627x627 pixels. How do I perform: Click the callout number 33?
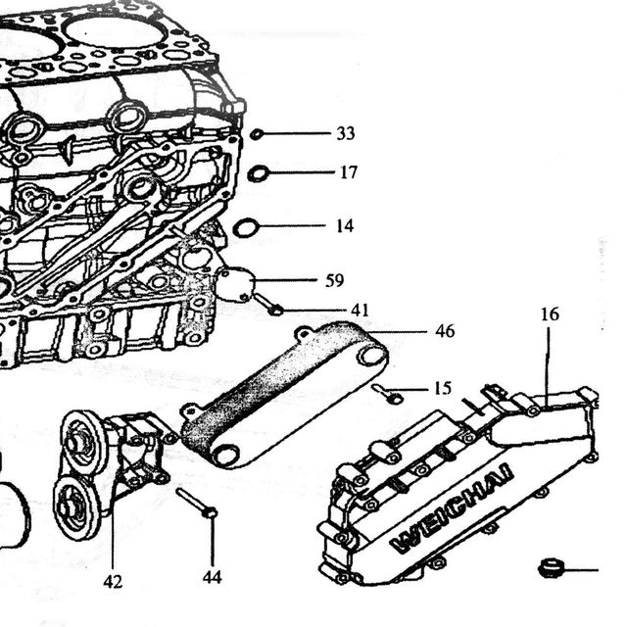(346, 133)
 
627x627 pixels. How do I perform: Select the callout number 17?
(349, 172)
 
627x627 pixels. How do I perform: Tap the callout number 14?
(345, 226)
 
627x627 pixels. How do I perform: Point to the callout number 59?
(334, 280)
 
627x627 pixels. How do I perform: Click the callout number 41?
(360, 310)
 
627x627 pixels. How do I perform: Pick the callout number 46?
(445, 331)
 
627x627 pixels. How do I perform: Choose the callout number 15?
(443, 388)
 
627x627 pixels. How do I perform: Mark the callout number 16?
(550, 314)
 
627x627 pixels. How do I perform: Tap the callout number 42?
(113, 581)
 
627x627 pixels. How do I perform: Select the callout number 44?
(212, 577)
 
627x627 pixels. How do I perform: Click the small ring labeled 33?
(257, 134)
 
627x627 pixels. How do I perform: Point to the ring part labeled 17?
(258, 173)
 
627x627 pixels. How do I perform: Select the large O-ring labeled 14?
(246, 228)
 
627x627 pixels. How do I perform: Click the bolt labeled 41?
(268, 305)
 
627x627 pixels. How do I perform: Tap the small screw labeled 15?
(388, 393)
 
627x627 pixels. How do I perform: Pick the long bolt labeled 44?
(197, 503)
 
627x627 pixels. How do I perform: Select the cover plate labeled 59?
(234, 283)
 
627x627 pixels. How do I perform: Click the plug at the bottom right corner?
(551, 568)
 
